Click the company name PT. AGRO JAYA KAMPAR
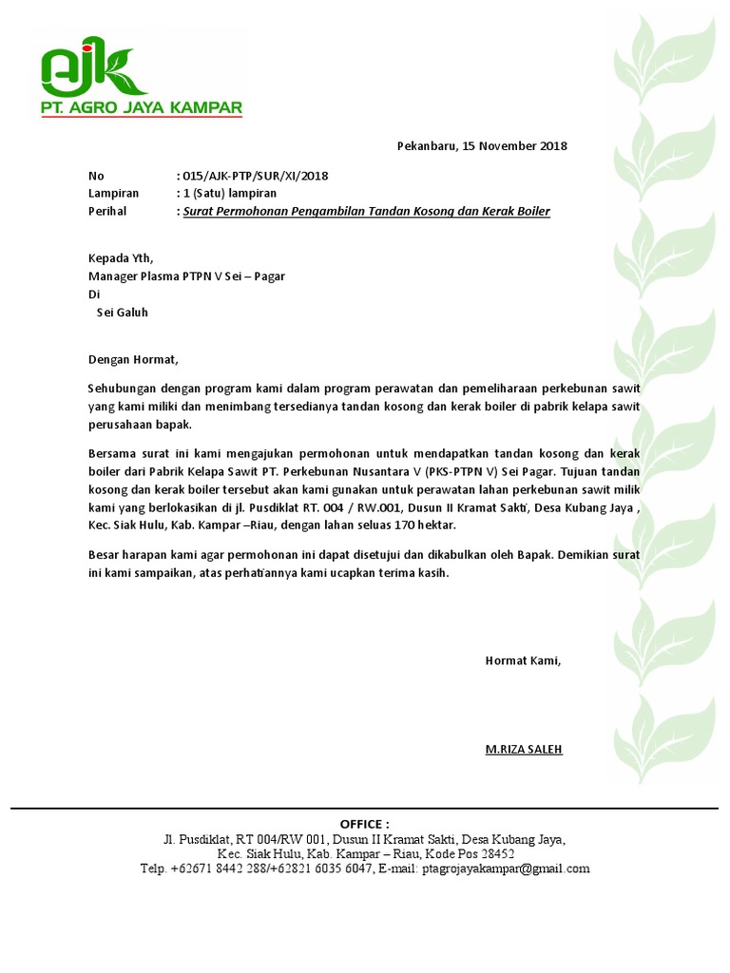point(141,107)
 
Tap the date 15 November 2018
point(514,146)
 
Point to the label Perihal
point(107,211)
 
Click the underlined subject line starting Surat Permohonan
point(366,211)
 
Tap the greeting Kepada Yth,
point(120,258)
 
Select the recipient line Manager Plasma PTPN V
point(186,277)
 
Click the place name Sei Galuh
point(123,312)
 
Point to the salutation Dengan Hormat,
point(133,359)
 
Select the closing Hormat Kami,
point(523,660)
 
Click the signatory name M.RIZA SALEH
point(524,749)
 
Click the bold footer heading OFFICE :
point(364,823)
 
